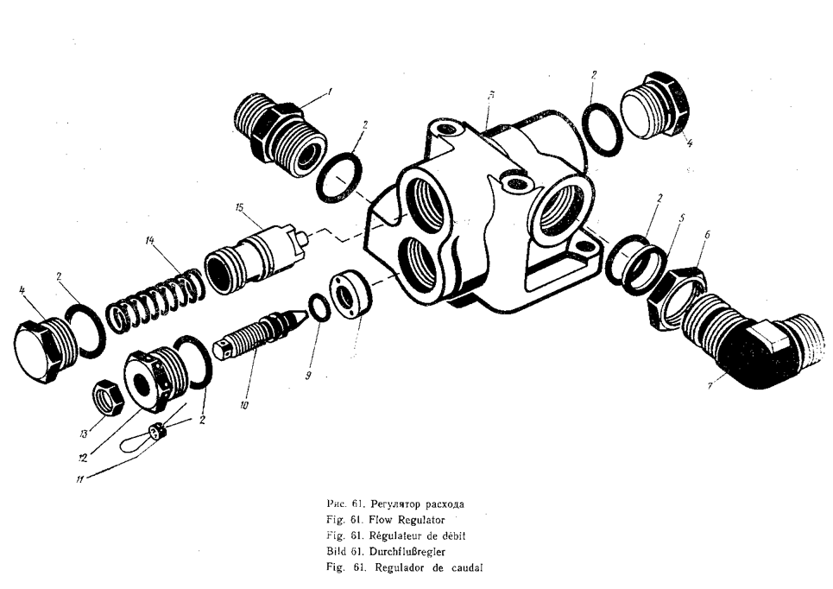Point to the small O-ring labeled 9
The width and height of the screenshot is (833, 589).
click(x=319, y=307)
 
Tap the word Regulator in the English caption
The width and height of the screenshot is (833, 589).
click(x=419, y=519)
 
